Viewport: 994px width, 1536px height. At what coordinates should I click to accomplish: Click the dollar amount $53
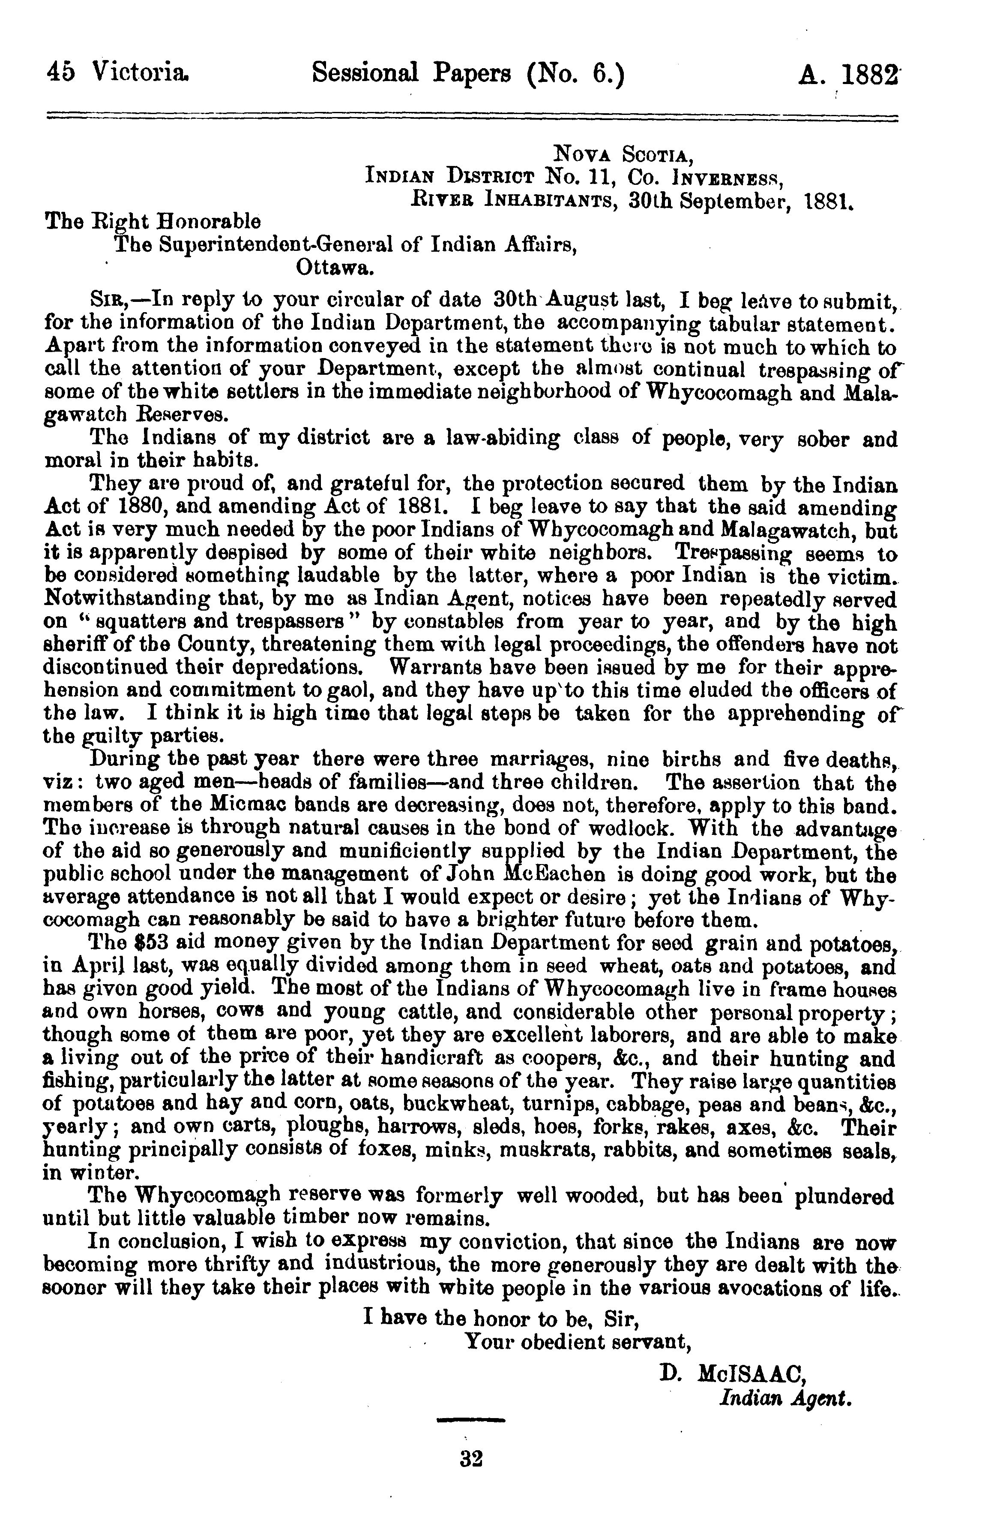click(x=153, y=943)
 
